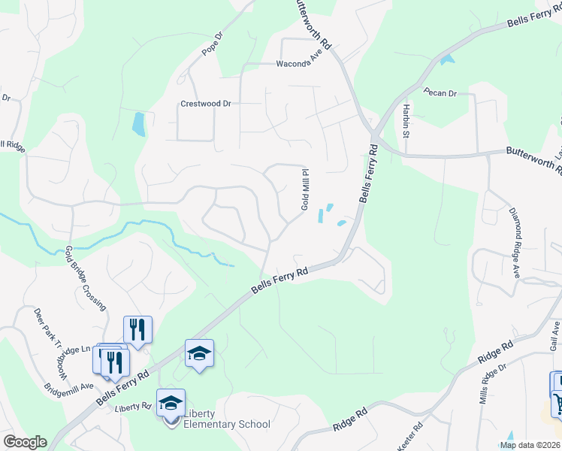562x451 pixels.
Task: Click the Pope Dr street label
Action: pos(213,45)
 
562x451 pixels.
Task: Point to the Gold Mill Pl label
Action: pos(306,189)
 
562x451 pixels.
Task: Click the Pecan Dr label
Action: pos(440,93)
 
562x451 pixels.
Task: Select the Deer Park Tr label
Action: pos(47,328)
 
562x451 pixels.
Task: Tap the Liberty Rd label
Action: pos(134,407)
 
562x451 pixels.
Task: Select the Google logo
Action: pos(24,442)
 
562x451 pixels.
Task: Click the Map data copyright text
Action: pos(529,445)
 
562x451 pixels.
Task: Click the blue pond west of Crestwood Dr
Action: pos(139,124)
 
